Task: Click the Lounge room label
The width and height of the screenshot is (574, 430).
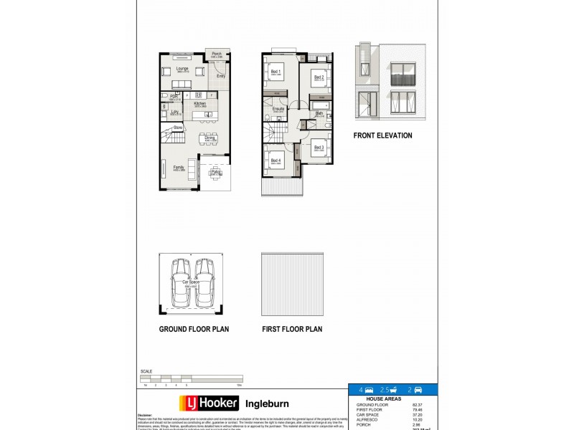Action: click(x=182, y=70)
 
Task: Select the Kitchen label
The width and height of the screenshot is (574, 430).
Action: click(x=199, y=104)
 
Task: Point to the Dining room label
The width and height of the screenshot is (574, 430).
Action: click(x=210, y=138)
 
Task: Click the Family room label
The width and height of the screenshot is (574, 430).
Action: click(x=178, y=168)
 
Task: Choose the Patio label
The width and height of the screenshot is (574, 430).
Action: click(x=215, y=172)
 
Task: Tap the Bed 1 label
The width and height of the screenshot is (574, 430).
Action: click(x=276, y=72)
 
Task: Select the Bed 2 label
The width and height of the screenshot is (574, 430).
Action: click(x=319, y=77)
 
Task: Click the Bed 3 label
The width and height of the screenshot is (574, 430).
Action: click(x=319, y=148)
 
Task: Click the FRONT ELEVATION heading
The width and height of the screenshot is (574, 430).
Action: click(x=382, y=135)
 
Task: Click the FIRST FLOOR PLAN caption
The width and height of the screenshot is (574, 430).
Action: click(x=291, y=330)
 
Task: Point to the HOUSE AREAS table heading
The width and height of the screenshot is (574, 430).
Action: click(x=381, y=398)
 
